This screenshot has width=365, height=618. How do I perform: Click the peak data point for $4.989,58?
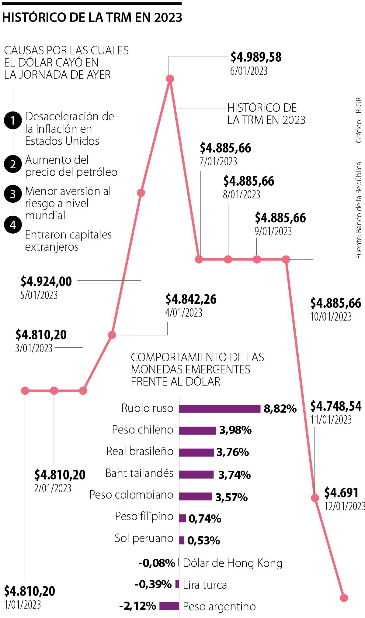click(170, 79)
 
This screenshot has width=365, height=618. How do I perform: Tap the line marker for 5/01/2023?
click(141, 193)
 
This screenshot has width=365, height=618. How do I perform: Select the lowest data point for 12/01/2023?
click(344, 598)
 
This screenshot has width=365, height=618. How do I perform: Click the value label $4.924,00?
click(46, 282)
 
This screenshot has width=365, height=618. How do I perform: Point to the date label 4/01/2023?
click(184, 313)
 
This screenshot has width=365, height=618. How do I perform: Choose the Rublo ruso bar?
click(220, 409)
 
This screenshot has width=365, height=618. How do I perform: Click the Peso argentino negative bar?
click(169, 606)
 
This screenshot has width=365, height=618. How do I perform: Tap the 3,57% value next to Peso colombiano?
click(231, 497)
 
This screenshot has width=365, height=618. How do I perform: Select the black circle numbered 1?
click(13, 121)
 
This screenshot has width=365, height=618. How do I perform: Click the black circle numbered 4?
click(13, 225)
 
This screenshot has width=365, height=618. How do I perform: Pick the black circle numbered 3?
click(13, 194)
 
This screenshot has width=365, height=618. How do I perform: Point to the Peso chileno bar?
click(197, 430)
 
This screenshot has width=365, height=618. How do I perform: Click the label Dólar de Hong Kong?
click(233, 563)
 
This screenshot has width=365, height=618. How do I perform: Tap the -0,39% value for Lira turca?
click(153, 584)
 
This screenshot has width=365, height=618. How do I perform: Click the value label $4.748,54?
click(336, 406)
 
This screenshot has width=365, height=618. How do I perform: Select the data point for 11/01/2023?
click(315, 498)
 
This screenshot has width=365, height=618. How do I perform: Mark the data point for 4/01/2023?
click(112, 335)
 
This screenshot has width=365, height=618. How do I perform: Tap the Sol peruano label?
click(144, 538)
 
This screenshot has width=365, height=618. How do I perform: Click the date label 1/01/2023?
click(23, 605)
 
